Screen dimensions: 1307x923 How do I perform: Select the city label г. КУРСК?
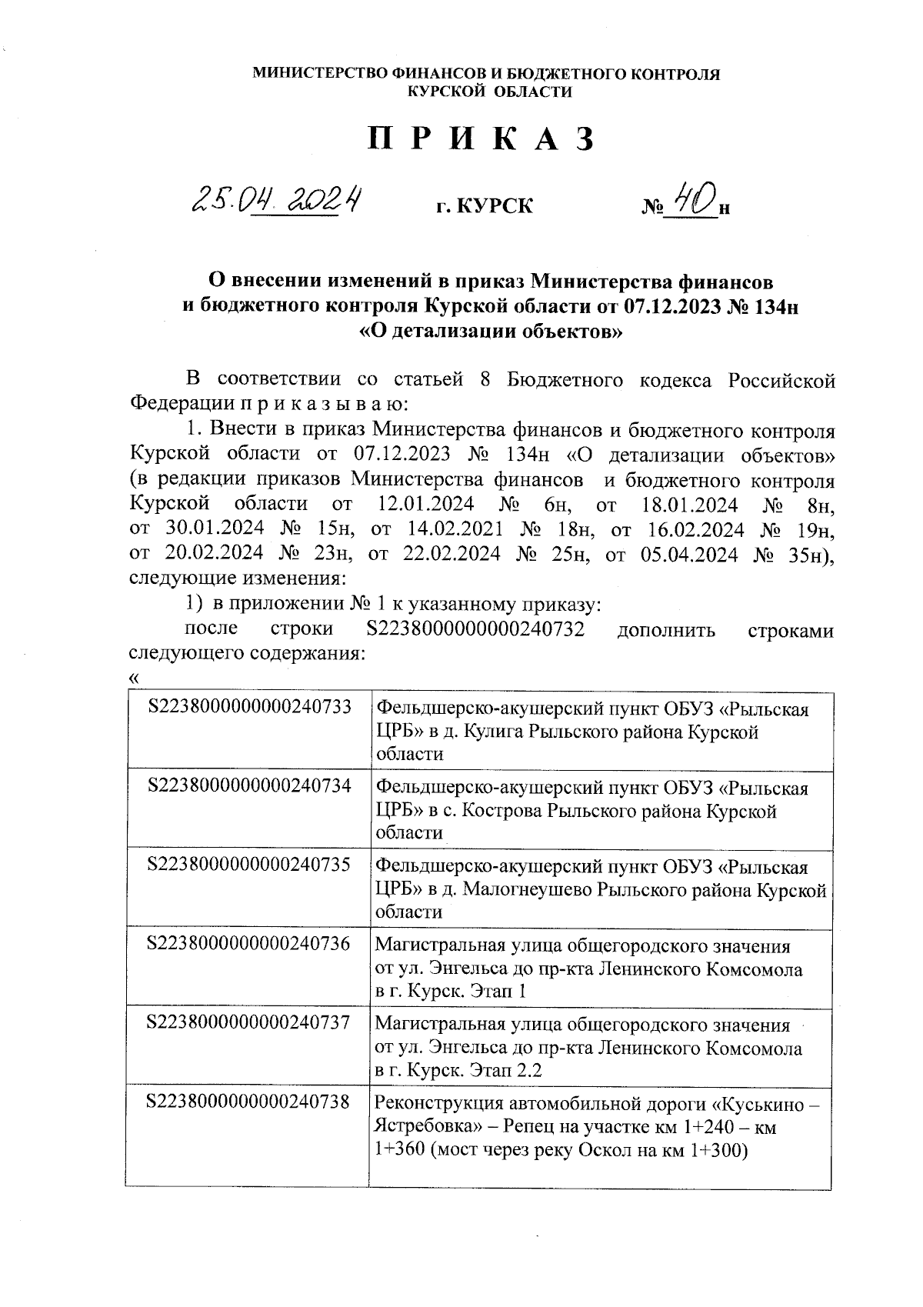484,206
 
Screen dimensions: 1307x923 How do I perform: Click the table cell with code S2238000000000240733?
248,706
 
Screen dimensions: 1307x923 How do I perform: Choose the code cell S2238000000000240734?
248,785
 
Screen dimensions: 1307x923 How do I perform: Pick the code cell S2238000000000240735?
248,865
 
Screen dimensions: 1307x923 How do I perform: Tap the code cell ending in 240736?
248,944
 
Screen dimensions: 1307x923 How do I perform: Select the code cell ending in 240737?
248,1023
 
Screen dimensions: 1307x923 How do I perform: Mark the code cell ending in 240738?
248,1102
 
